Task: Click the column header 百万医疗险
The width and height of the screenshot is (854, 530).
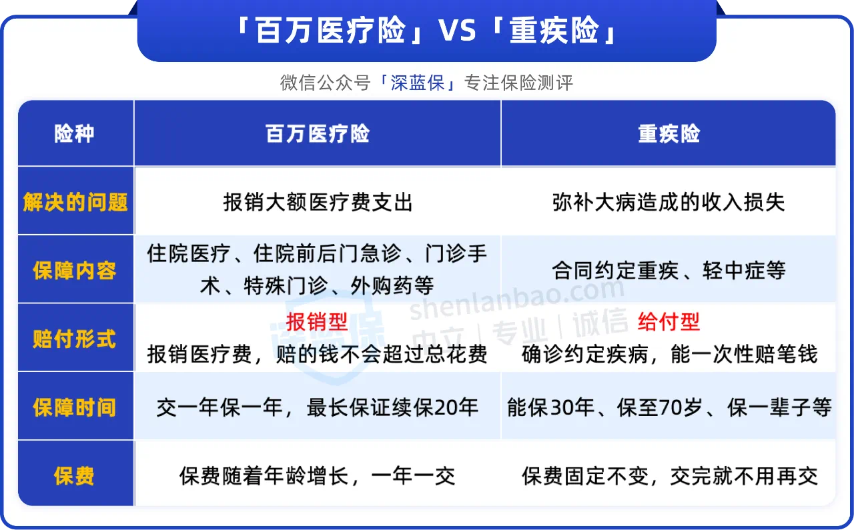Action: [x=318, y=134]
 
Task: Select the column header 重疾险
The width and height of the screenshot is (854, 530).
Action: [x=669, y=134]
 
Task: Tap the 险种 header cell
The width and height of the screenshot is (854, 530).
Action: [x=74, y=134]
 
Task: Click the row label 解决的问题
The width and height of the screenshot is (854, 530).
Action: [x=75, y=202]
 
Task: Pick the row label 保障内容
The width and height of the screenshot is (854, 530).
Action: [x=74, y=271]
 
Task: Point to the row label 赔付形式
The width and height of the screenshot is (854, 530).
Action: [x=74, y=339]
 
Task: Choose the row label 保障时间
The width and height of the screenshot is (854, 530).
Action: [x=74, y=407]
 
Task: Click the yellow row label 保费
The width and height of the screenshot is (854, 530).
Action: [x=74, y=476]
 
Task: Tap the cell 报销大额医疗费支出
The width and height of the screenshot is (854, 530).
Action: [x=318, y=202]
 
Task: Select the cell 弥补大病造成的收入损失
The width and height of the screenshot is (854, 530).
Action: [x=669, y=202]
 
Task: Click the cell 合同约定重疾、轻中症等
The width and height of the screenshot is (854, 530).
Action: [x=669, y=271]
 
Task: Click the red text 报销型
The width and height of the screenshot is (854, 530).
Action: [x=317, y=321]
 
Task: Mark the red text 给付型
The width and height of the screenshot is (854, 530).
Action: [x=669, y=321]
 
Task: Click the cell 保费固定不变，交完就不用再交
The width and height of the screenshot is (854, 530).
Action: [x=670, y=476]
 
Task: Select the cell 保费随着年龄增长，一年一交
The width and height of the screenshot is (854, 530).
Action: [x=318, y=476]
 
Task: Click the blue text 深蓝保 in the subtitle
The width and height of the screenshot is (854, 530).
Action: [x=418, y=83]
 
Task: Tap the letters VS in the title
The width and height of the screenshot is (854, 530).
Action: [x=458, y=31]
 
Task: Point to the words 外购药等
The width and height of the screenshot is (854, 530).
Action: [x=392, y=285]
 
